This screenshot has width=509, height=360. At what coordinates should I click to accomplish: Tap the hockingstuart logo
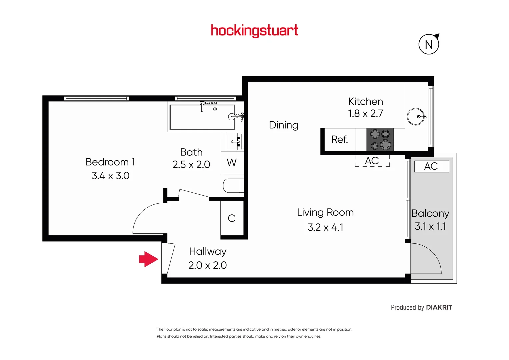[x=254, y=31]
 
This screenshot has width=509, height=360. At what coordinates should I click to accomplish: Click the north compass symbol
[x=429, y=44]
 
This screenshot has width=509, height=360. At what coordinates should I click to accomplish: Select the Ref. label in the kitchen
[x=339, y=139]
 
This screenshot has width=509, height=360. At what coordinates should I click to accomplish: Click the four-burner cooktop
[x=380, y=139]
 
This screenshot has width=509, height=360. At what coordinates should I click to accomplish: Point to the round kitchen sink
[x=416, y=117]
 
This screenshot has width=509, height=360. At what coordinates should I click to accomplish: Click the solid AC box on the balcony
[x=431, y=166]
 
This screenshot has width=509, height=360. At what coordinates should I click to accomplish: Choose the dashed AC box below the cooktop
[x=372, y=161]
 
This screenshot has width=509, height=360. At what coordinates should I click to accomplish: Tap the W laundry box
[x=232, y=163]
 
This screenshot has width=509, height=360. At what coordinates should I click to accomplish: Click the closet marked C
[x=232, y=218]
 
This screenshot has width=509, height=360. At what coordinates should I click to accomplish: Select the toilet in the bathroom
[x=233, y=186]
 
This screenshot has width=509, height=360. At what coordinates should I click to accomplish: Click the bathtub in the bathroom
[x=202, y=117]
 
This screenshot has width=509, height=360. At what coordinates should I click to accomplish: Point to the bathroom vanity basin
[x=232, y=141]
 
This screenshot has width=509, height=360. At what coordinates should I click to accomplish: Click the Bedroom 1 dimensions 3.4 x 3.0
[x=110, y=176]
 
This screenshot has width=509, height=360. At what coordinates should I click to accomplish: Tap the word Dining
[x=284, y=125]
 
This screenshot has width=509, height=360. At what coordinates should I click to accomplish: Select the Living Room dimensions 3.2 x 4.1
[x=325, y=227]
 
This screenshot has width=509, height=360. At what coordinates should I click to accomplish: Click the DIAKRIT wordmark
[x=439, y=307]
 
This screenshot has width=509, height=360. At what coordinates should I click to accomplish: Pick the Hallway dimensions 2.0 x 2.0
[x=207, y=265]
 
